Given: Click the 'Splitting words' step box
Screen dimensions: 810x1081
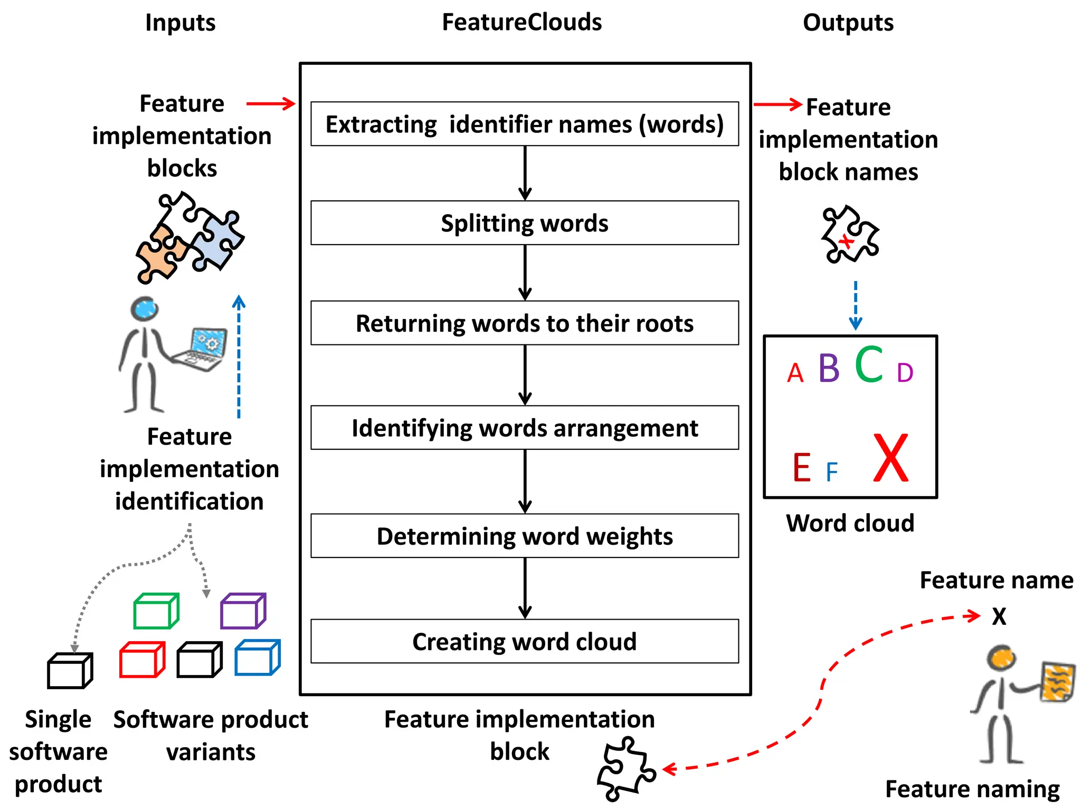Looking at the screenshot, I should point(524,223).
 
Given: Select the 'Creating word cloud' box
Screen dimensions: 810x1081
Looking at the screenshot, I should point(524,641).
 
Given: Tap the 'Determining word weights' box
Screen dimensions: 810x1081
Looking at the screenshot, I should point(524,536).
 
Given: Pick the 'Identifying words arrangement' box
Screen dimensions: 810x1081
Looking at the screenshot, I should point(524,428).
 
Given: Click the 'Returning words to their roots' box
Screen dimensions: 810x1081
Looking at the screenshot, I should point(524,323).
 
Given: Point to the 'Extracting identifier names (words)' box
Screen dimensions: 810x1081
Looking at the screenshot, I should point(524,124).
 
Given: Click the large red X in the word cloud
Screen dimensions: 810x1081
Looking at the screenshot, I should point(891,457).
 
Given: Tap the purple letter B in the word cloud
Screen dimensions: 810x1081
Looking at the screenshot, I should point(829,368).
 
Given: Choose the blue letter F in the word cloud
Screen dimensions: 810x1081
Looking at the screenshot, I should point(832,472).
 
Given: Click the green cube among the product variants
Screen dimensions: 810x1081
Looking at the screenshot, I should point(156,611).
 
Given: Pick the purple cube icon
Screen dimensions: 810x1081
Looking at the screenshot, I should point(242,611).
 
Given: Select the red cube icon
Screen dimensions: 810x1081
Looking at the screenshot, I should point(141,660).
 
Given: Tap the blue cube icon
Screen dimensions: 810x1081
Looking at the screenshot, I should point(257,658).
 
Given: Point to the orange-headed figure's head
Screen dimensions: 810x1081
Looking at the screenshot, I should point(1001,658).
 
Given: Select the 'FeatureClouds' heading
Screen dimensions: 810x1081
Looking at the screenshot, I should point(521,23).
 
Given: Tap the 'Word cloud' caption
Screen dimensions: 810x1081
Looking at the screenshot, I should point(850,523).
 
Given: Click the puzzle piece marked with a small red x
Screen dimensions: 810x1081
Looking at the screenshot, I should point(849,235).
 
